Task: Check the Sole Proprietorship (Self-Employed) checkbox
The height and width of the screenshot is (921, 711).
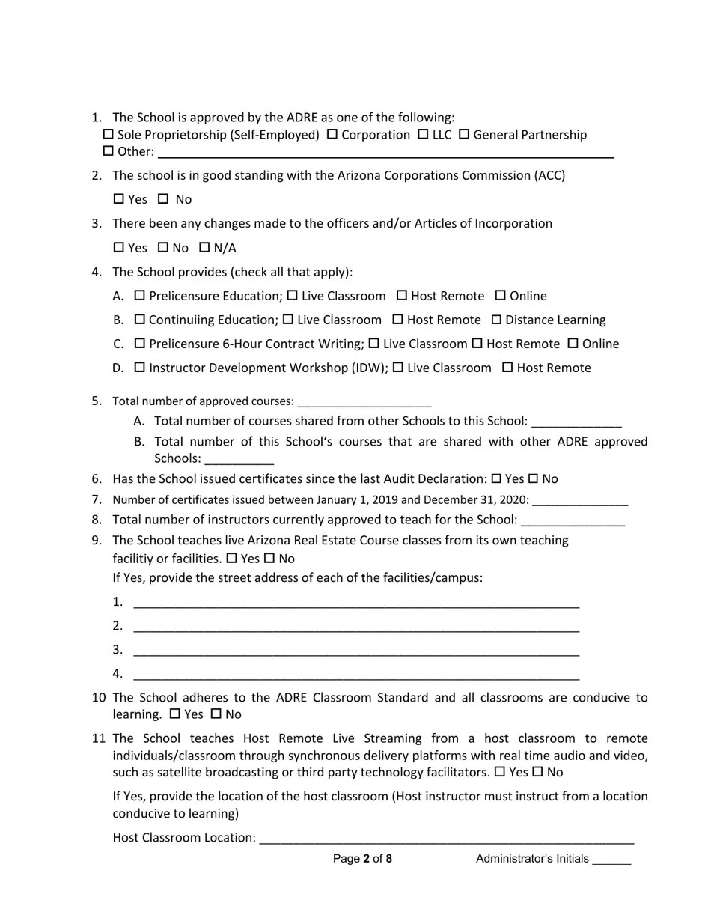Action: pyautogui.click(x=108, y=134)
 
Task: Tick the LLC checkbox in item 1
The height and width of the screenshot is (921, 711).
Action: pyautogui.click(x=423, y=134)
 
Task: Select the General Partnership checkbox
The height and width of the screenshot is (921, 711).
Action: pyautogui.click(x=464, y=134)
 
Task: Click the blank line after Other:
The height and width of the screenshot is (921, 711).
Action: pyautogui.click(x=385, y=152)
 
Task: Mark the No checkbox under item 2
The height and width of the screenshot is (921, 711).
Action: pyautogui.click(x=163, y=199)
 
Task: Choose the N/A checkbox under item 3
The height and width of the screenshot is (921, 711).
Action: pyautogui.click(x=204, y=247)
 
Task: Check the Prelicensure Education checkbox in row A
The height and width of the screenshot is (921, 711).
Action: pyautogui.click(x=139, y=296)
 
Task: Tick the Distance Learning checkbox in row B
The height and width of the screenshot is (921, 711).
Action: pyautogui.click(x=496, y=320)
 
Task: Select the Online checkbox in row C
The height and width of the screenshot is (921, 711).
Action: pyautogui.click(x=573, y=344)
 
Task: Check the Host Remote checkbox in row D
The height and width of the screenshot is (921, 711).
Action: pyautogui.click(x=507, y=368)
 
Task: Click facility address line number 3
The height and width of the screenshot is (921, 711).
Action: pyautogui.click(x=356, y=650)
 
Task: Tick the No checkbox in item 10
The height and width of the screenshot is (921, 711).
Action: pyautogui.click(x=216, y=714)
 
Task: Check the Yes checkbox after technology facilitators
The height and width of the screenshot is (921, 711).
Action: pyautogui.click(x=500, y=772)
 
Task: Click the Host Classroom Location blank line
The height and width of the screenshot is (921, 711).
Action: pyautogui.click(x=446, y=838)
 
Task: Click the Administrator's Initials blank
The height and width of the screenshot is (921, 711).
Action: pyautogui.click(x=611, y=860)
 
